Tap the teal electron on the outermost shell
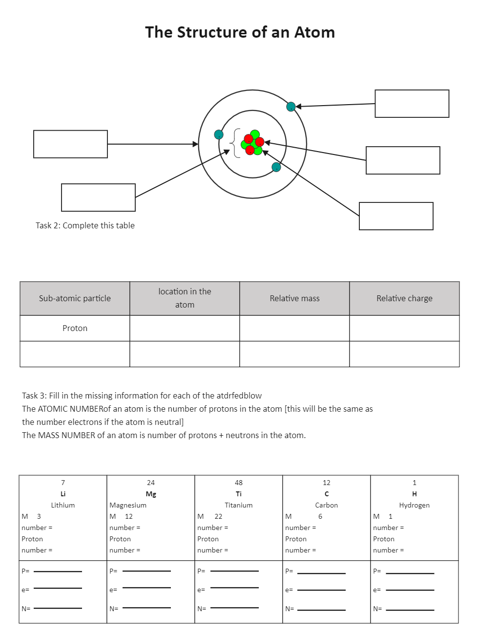(291, 107)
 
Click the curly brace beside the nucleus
(235, 143)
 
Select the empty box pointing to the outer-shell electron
(412, 104)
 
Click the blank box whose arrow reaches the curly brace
(98, 198)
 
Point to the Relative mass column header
(294, 298)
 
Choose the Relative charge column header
(404, 298)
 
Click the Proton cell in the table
(75, 328)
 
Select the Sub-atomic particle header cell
(75, 298)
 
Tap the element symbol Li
(63, 494)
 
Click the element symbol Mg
(151, 494)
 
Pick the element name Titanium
(239, 505)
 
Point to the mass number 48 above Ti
(239, 483)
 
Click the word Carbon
(326, 505)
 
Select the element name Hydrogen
(414, 505)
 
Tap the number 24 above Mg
(151, 483)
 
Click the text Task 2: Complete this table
(85, 225)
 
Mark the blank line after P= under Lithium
(58, 571)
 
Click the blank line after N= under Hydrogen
(410, 610)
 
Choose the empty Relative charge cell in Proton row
(404, 328)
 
